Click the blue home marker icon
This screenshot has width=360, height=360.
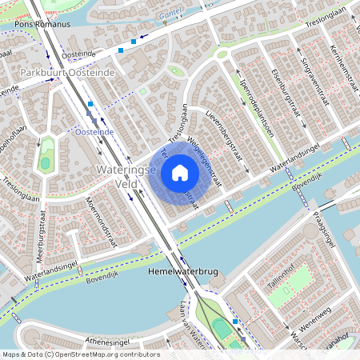(x=179, y=173)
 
